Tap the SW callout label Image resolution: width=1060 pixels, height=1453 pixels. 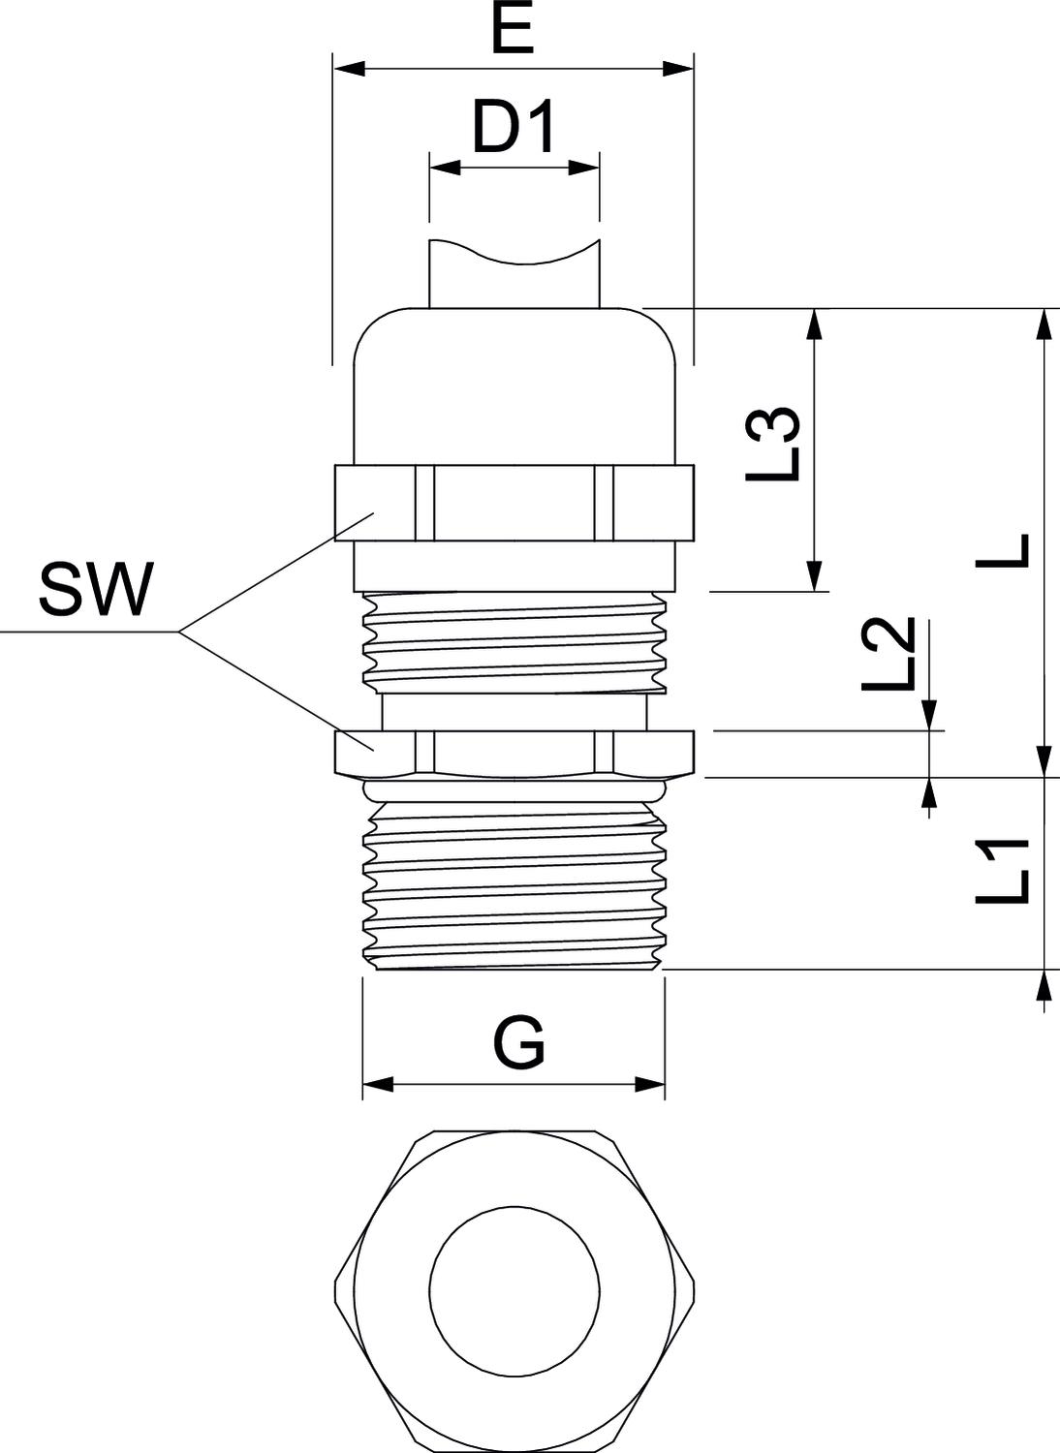[96, 591]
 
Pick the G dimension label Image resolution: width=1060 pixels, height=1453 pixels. [520, 1043]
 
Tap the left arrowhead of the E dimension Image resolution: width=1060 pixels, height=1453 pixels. [349, 69]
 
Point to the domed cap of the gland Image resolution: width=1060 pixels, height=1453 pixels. [514, 383]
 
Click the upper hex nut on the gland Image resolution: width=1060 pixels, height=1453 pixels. [514, 503]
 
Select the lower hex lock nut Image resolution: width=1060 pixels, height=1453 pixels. [514, 752]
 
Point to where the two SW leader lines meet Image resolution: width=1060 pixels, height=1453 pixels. [178, 633]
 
